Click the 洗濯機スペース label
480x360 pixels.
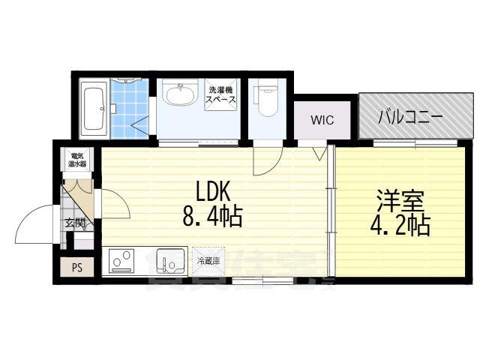point(222,94)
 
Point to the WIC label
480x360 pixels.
point(322,119)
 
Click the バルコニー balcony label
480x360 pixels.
point(409,116)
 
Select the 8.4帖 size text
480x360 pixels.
point(211,217)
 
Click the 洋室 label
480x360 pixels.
point(400,201)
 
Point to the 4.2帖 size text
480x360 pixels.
point(400,226)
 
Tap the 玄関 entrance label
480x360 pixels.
point(74,222)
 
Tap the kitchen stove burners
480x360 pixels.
point(121,262)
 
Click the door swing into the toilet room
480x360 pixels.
point(266,157)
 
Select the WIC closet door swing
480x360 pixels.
point(319,151)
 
